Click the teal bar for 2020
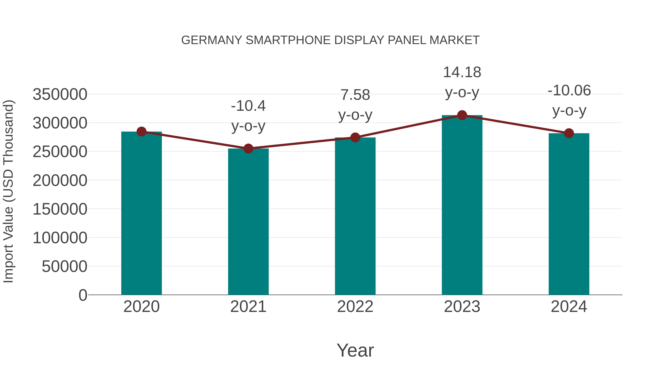point(141,213)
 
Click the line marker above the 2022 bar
point(355,138)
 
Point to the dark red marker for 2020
point(141,132)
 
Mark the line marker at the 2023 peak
point(462,115)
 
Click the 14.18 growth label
point(462,72)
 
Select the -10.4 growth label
point(248,106)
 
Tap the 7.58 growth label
point(355,95)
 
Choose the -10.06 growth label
point(569,90)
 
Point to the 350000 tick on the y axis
point(60,94)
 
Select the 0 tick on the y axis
point(83,295)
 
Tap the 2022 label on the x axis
point(355,307)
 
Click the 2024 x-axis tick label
point(569,307)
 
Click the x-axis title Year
point(355,350)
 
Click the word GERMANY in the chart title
point(212,40)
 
